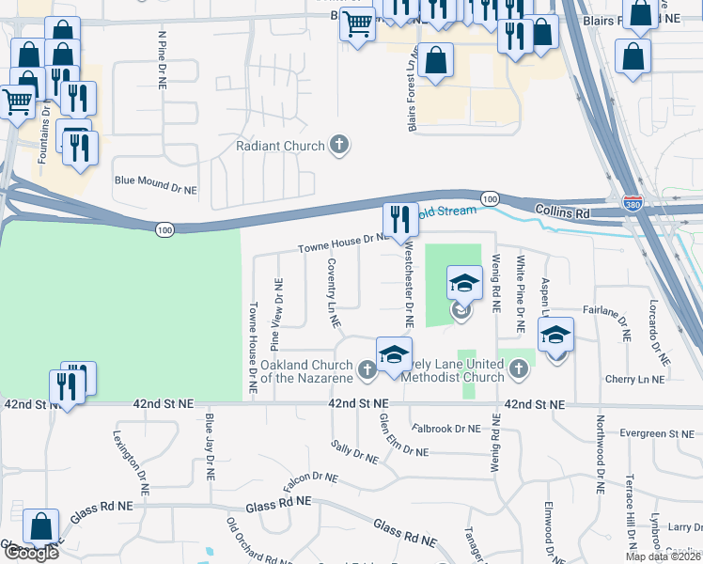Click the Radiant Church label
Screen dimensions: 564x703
280,146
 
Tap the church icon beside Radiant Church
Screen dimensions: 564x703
339,146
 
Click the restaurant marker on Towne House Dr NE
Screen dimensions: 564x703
400,219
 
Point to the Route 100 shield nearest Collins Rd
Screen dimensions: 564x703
489,199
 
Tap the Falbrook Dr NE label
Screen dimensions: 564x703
445,429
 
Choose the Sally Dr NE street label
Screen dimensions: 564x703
354,452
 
